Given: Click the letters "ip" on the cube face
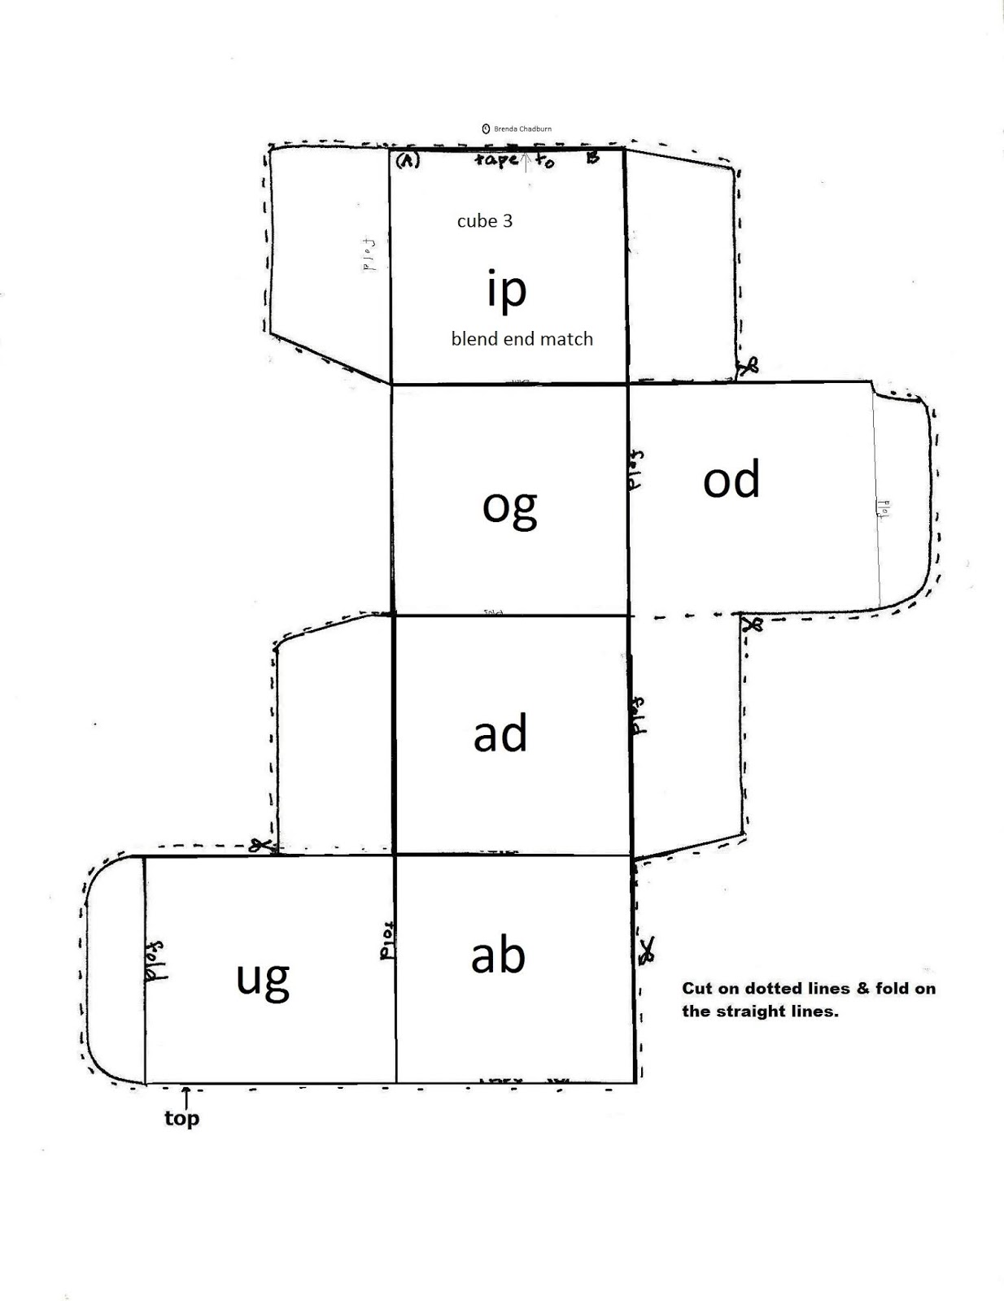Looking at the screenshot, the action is pyautogui.click(x=506, y=290).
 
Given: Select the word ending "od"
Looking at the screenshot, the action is pyautogui.click(x=731, y=480).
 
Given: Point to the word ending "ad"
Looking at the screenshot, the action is pyautogui.click(x=500, y=733).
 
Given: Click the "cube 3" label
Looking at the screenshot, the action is pyautogui.click(x=485, y=221).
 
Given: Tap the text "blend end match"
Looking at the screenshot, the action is pyautogui.click(x=522, y=339).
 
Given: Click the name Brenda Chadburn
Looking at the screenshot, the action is pyautogui.click(x=522, y=128).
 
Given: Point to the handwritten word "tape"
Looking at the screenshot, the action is pyautogui.click(x=495, y=159).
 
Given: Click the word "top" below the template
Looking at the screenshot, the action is pyautogui.click(x=181, y=1119).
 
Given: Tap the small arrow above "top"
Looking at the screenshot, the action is pyautogui.click(x=186, y=1095).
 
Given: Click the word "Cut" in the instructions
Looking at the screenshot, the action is pyautogui.click(x=696, y=989).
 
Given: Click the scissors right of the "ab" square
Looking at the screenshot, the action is pyautogui.click(x=647, y=950).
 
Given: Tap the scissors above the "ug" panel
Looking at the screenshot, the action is pyautogui.click(x=260, y=846).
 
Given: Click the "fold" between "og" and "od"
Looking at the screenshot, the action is pyautogui.click(x=636, y=469).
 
